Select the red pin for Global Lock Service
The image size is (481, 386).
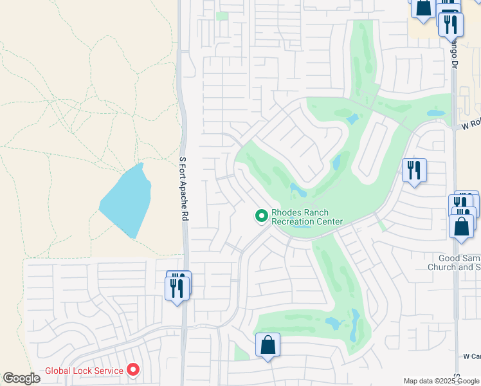click(133, 370)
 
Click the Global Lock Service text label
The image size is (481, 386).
click(84, 371)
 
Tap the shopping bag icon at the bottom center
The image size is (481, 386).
click(268, 345)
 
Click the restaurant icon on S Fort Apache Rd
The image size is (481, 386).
click(177, 286)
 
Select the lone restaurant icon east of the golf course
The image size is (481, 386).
click(413, 170)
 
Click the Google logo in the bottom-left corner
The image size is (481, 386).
click(21, 378)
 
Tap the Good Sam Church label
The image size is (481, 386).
click(455, 262)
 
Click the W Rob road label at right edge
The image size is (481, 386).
click(471, 125)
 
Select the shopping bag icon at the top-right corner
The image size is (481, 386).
click(424, 8)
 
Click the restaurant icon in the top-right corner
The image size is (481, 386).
click(451, 24)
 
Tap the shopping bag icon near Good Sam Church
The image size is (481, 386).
click(461, 226)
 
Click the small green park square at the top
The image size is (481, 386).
click(222, 16)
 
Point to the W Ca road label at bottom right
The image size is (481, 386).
click(471, 356)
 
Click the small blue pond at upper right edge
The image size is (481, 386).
click(435, 113)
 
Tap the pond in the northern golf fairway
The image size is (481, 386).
click(352, 119)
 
